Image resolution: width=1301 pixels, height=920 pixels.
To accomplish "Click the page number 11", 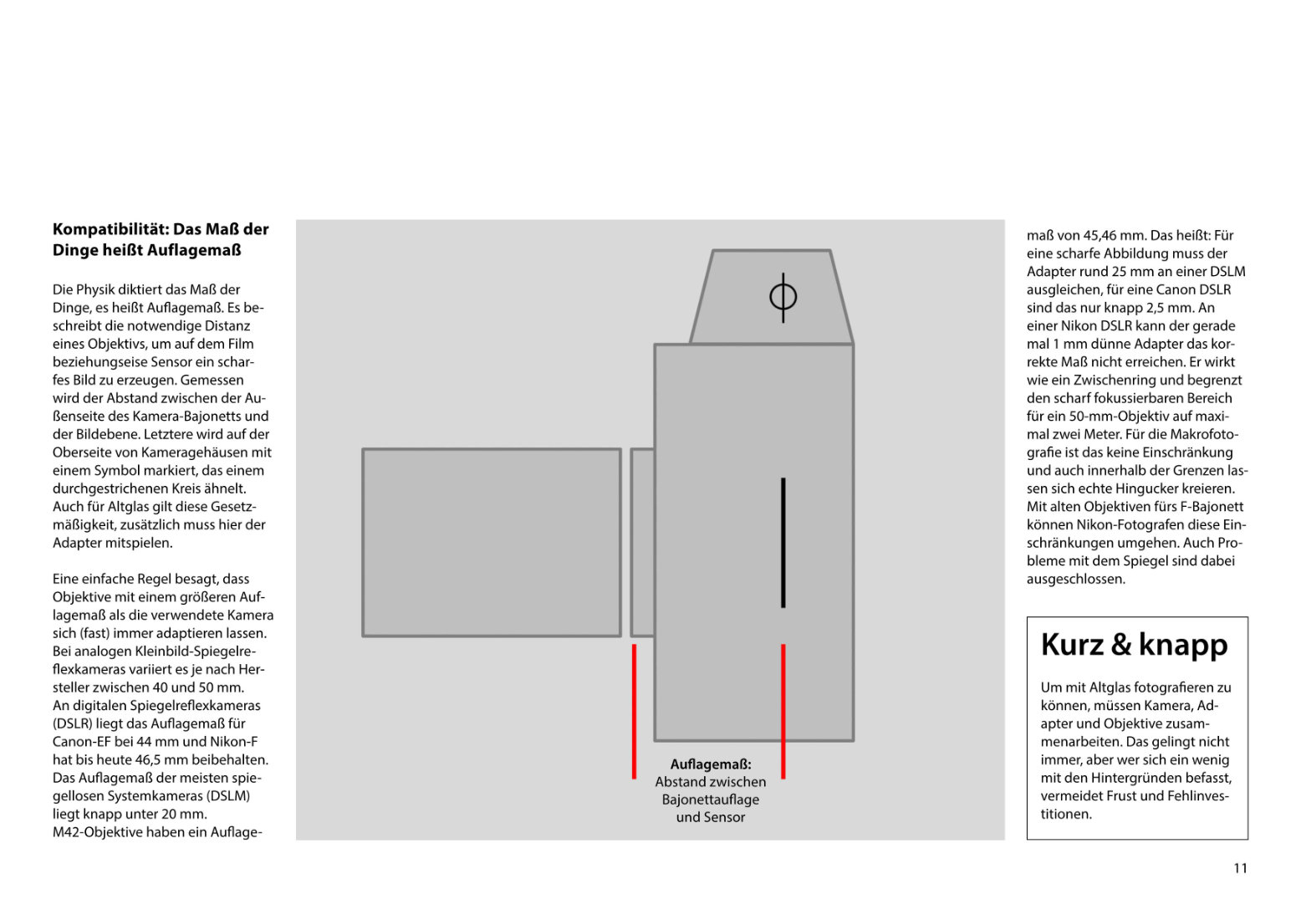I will pos(1240,868).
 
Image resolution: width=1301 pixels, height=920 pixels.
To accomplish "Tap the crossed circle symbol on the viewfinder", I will pos(783,297).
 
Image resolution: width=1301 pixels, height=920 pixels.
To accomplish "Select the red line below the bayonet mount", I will pos(634,711).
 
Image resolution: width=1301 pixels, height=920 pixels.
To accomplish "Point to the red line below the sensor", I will pos(783,711).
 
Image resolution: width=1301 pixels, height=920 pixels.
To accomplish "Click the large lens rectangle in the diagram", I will pos(492,542).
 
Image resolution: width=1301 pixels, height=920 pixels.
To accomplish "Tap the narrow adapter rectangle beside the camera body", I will pos(642,542).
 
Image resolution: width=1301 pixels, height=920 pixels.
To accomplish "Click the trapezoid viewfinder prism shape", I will pos(771,318).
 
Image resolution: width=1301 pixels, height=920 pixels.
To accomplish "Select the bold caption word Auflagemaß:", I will pos(711,764).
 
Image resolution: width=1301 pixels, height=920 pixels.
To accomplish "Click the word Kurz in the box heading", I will pos(1072,645).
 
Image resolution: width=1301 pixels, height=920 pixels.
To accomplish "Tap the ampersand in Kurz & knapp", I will pos(1120,645).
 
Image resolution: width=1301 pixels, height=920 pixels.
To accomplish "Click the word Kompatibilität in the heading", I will pos(110,229).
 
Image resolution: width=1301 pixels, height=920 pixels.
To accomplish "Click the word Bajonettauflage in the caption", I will pos(711,800).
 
